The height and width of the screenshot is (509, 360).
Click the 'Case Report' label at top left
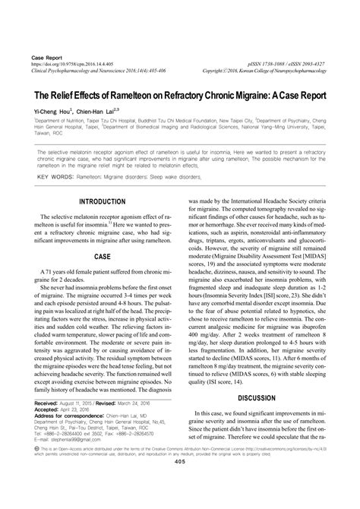coord(44,57)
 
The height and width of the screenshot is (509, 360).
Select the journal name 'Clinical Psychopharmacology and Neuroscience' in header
coord(84,72)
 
